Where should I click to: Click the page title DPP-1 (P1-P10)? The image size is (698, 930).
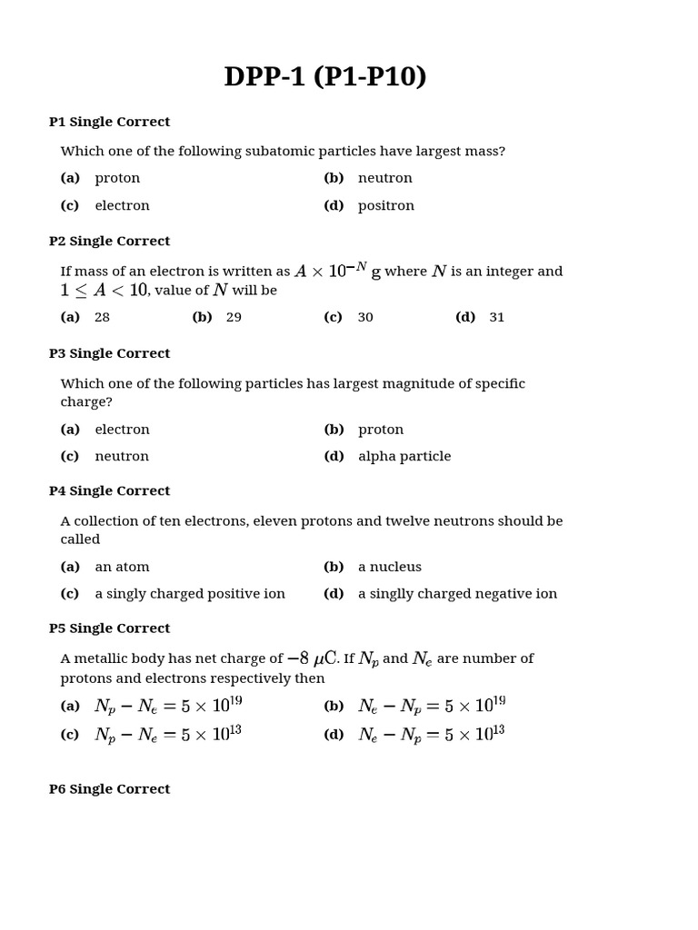coord(325,77)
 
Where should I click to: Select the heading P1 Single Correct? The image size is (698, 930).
coord(109,122)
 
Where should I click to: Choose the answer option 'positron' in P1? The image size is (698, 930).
coord(385,206)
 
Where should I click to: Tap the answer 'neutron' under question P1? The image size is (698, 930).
coord(384,178)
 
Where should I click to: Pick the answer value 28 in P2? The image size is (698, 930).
coord(102,318)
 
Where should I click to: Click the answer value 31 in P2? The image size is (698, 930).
coord(496,318)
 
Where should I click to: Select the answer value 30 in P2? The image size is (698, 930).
coord(364,318)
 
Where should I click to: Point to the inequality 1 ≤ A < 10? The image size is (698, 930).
coord(104,291)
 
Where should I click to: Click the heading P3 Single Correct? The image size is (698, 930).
coord(109,353)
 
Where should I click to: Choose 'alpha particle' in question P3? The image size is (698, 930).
coord(404,457)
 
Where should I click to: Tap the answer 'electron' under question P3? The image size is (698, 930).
coord(122,430)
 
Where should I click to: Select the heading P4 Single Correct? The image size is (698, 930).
coord(109,491)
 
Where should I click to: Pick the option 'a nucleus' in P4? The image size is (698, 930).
coord(389,568)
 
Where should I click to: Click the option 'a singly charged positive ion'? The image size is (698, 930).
coord(189,594)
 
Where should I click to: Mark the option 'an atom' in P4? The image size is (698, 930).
coord(122,568)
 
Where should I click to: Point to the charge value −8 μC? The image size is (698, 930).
coord(312,658)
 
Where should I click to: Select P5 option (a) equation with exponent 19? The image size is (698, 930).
coord(168,707)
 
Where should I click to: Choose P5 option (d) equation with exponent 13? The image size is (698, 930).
coord(431,734)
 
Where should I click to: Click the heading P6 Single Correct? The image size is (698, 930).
coord(109,789)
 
